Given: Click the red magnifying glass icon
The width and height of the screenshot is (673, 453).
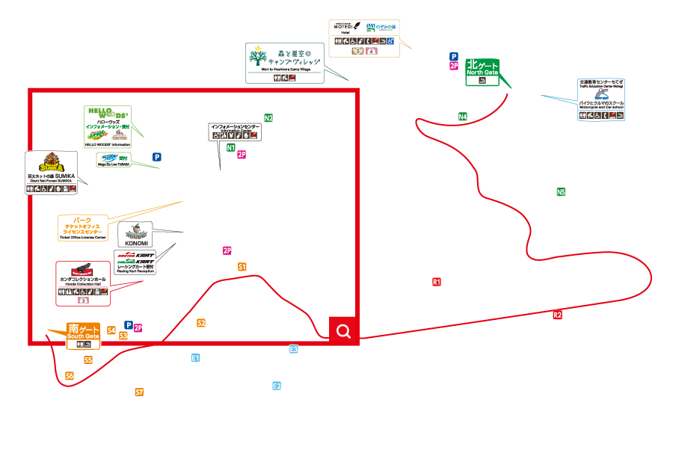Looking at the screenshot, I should [343, 331].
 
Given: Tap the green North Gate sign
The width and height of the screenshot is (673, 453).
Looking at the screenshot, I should [482, 72].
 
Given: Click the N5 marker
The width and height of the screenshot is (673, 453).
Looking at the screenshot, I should [561, 192].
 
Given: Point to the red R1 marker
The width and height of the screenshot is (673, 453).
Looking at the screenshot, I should [437, 282].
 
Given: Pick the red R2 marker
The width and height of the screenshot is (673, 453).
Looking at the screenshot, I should [557, 315].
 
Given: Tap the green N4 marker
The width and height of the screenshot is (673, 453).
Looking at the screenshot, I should [463, 117].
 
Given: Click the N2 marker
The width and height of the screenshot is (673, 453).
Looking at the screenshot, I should [268, 118].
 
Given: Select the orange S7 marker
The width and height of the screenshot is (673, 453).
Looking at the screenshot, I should [139, 392].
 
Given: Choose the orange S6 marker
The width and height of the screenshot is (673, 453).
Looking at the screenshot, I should [70, 375].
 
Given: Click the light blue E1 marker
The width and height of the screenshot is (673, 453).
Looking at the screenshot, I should [195, 358].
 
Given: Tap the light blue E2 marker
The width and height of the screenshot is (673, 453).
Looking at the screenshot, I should [277, 386].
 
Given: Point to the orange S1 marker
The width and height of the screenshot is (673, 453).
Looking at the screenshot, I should [242, 267].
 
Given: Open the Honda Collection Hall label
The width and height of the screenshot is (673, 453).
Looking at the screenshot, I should [83, 283].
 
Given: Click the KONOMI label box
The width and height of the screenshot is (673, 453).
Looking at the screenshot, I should [135, 235].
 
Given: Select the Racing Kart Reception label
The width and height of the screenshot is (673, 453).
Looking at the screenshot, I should [135, 262].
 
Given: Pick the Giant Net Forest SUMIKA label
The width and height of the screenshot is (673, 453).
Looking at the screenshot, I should [52, 173].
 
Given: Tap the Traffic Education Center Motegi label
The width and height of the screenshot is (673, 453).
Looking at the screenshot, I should [600, 99].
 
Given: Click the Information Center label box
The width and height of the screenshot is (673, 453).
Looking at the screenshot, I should [235, 132].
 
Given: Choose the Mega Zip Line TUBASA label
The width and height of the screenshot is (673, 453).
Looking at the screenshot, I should [114, 160].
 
